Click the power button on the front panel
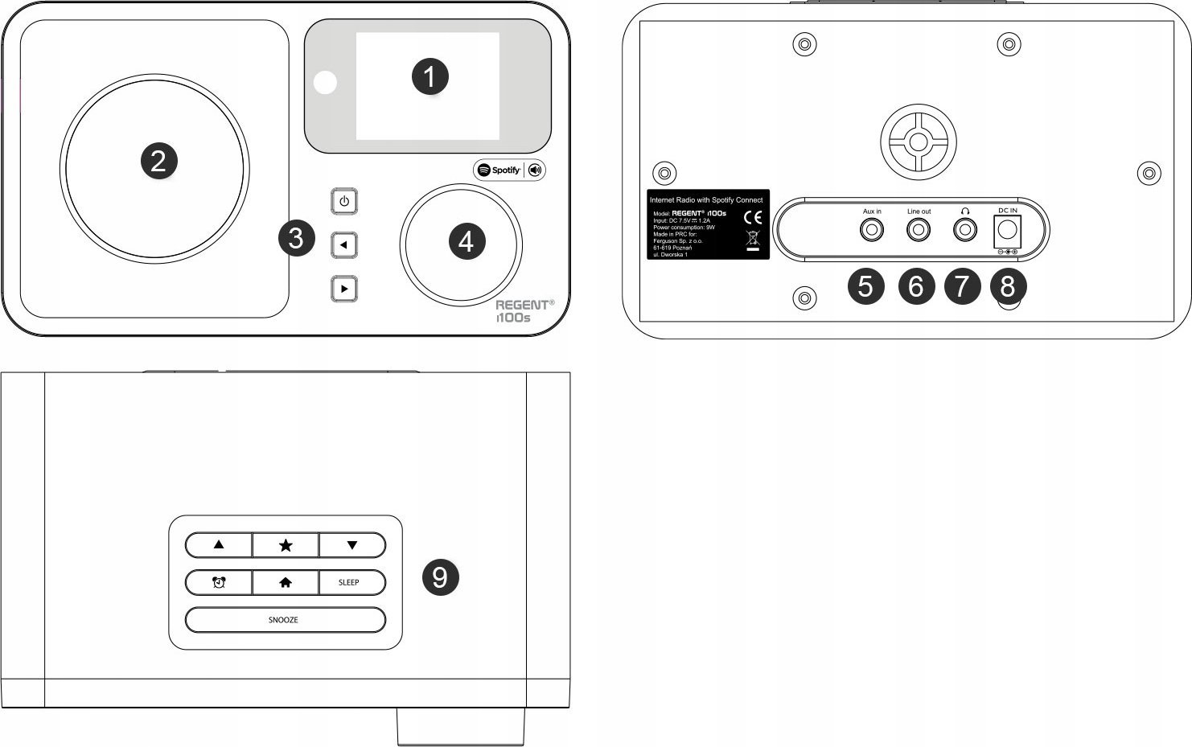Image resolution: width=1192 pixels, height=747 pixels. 344,201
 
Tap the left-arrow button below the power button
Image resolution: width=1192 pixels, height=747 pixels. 344,244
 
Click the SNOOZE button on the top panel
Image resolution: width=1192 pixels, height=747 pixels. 285,620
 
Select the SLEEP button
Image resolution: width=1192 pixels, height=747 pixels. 351,582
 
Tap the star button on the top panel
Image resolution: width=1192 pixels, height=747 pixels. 286,545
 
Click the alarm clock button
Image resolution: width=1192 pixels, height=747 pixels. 219,582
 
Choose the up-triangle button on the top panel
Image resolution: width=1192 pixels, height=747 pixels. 219,545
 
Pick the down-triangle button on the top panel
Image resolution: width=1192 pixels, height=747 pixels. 351,545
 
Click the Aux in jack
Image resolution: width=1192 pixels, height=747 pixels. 871,231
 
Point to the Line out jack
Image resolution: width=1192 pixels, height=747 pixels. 919,231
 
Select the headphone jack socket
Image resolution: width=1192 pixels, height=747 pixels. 964,231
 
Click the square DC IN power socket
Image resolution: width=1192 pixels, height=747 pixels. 1007,232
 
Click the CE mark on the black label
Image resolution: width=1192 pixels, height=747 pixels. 753,217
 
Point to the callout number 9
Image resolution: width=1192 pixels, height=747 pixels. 440,577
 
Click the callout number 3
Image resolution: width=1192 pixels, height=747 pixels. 296,239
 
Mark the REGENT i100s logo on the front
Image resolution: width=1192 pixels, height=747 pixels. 523,311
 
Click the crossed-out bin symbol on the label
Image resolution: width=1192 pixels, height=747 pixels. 753,240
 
